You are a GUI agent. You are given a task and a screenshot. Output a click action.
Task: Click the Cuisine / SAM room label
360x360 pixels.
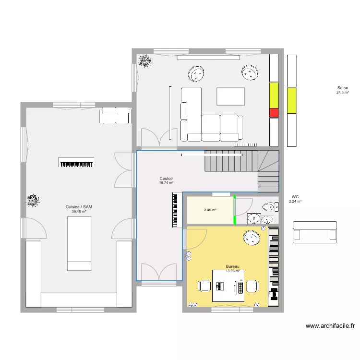(79, 207)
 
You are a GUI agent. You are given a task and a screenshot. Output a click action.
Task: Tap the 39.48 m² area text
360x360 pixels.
(79, 211)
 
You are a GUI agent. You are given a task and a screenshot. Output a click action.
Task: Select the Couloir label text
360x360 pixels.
(166, 179)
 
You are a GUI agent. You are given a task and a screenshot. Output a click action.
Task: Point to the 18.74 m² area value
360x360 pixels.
(166, 183)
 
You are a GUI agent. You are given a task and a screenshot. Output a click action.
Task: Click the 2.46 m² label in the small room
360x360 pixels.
(210, 210)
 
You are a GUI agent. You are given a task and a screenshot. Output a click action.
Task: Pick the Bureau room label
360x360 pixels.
(232, 266)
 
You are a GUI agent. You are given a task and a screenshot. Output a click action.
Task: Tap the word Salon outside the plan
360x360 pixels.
(342, 88)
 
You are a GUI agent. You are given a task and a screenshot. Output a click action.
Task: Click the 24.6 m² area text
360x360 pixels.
(342, 92)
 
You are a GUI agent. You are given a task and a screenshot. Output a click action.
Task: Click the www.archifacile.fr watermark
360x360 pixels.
(330, 326)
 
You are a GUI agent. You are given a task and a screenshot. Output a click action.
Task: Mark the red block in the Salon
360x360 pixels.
(274, 113)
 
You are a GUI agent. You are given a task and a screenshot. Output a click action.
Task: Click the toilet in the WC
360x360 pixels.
(270, 207)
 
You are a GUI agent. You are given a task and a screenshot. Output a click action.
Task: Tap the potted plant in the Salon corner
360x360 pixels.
(144, 60)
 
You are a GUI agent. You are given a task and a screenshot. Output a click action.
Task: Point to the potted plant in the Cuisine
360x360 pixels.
(33, 200)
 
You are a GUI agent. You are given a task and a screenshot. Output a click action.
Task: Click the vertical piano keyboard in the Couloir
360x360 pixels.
(176, 210)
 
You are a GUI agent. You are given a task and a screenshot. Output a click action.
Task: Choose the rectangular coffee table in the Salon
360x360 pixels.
(230, 96)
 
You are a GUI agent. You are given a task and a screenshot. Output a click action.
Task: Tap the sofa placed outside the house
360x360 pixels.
(314, 231)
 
